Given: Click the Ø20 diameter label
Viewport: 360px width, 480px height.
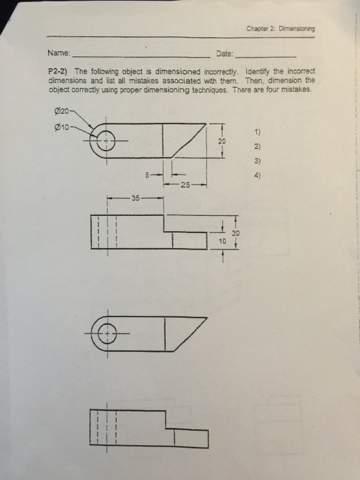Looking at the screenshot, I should [61, 111].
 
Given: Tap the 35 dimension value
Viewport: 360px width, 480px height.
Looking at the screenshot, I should [136, 198].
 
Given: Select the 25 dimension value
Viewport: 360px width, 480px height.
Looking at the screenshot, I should [184, 186].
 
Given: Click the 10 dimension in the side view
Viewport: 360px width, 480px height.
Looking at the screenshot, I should [222, 241].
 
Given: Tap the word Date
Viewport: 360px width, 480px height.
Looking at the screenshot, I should [224, 53].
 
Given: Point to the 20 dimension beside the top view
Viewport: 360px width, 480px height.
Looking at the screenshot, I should [221, 141].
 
